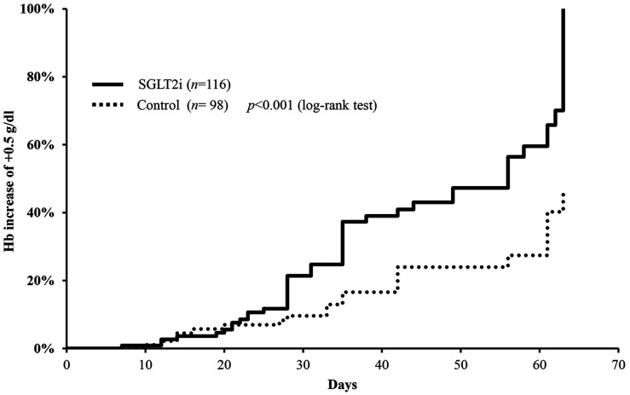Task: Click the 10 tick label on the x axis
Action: coord(145,365)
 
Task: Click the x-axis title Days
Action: coord(343,385)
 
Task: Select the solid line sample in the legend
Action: coord(107,84)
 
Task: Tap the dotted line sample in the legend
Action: coord(107,106)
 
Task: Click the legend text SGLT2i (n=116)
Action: coord(183,84)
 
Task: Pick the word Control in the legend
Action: coord(159,106)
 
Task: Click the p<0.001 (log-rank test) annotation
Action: coord(312,106)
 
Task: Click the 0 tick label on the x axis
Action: coord(66,365)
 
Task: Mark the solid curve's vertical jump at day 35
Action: coord(343,243)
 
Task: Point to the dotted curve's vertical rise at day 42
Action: coord(397,280)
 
